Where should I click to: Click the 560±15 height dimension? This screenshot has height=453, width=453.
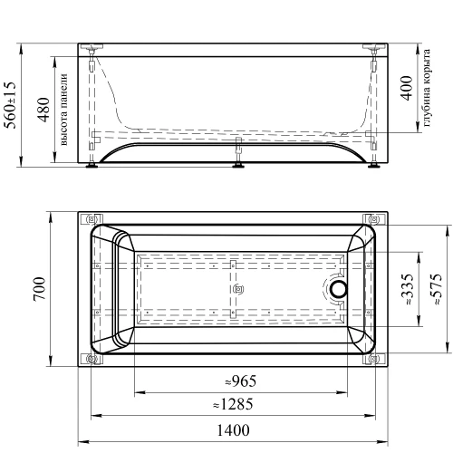click(x=11, y=105)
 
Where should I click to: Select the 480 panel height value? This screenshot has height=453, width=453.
click(x=44, y=110)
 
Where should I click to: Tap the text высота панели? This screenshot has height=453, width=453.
click(x=63, y=110)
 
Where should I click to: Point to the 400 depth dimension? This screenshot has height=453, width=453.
click(x=407, y=88)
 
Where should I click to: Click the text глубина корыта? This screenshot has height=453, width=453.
click(x=427, y=88)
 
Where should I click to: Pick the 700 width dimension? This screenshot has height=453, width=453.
click(x=40, y=288)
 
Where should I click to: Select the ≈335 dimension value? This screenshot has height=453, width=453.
click(x=408, y=289)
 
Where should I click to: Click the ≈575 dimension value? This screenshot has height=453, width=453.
click(x=436, y=289)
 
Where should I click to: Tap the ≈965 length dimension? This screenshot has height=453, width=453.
click(x=241, y=381)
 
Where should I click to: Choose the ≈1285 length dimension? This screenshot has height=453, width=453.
click(x=233, y=404)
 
